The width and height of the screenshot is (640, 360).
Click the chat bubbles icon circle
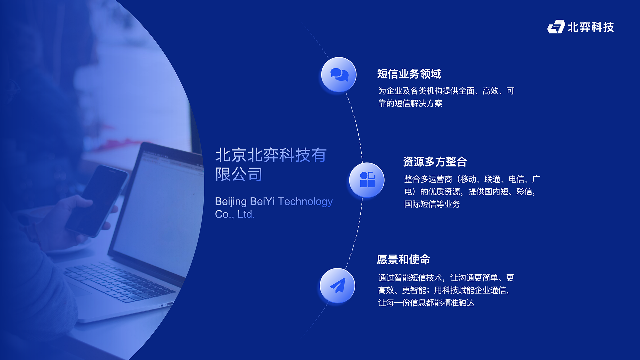point(339,75)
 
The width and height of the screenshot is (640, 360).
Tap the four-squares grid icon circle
point(367,180)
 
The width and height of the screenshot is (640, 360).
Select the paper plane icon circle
point(337,286)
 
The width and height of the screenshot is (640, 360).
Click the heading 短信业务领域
point(409,74)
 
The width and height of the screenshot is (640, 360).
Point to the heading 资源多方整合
point(435,162)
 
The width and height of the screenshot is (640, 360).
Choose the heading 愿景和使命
point(403,259)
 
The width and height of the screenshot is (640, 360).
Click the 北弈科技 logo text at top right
point(591,27)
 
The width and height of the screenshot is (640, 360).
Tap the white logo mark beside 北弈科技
point(556,27)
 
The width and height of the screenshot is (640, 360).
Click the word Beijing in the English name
point(231,202)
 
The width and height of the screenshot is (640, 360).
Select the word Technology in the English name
point(305,202)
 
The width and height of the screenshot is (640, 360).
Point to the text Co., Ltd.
point(235,214)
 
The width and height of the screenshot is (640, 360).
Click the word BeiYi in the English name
point(262,201)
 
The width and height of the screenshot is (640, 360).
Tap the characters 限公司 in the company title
point(239,174)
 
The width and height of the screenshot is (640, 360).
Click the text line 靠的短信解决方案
point(410,103)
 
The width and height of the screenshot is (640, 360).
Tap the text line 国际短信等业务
point(432,204)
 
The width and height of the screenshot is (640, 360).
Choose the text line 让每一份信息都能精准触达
point(426,303)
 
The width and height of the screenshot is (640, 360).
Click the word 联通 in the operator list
point(492,179)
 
